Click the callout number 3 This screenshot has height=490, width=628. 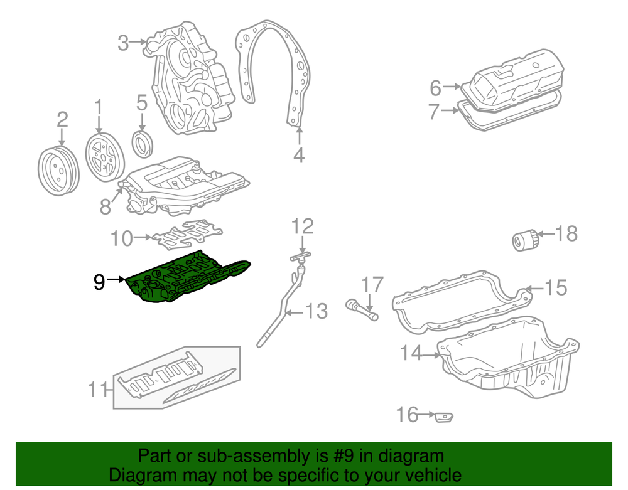click(123, 43)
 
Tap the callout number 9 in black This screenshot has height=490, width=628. click(99, 282)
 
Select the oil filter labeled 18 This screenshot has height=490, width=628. click(524, 240)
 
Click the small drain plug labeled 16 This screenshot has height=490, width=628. click(444, 417)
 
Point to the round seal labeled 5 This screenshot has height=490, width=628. click(142, 144)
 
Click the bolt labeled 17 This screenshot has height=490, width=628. click(362, 309)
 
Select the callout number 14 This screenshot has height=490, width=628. click(411, 353)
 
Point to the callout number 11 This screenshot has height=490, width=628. click(97, 389)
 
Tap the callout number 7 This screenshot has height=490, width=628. click(434, 112)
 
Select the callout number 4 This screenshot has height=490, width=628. click(299, 154)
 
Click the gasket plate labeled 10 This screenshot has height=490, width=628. click(187, 235)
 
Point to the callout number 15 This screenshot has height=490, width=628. click(556, 287)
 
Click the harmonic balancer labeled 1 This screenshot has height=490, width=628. click(105, 157)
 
